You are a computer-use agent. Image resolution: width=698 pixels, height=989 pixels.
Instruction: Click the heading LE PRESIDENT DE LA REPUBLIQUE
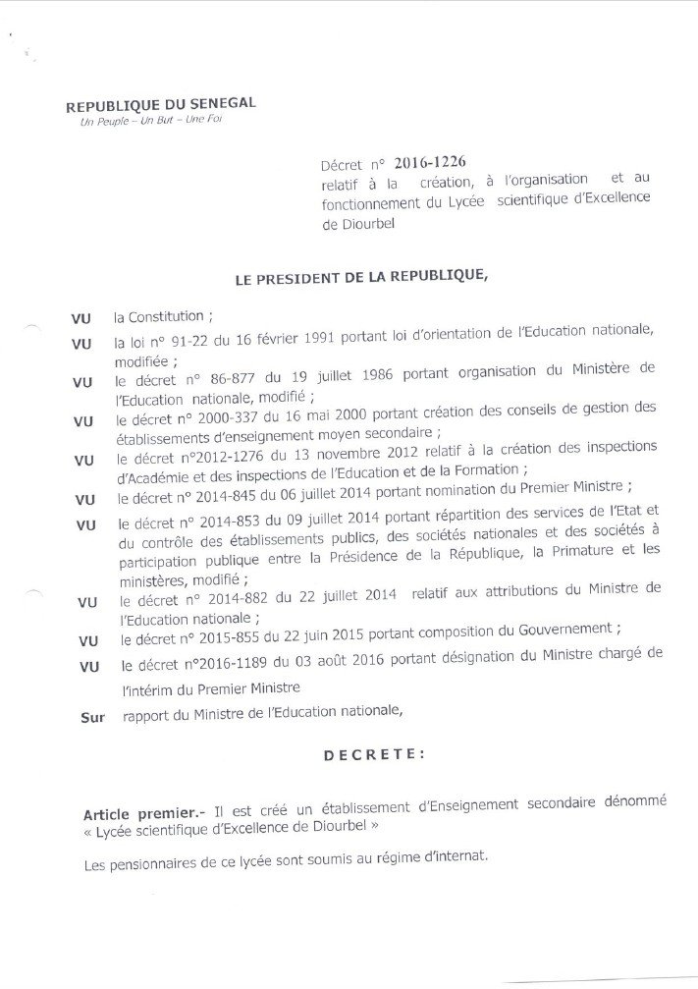361,279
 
